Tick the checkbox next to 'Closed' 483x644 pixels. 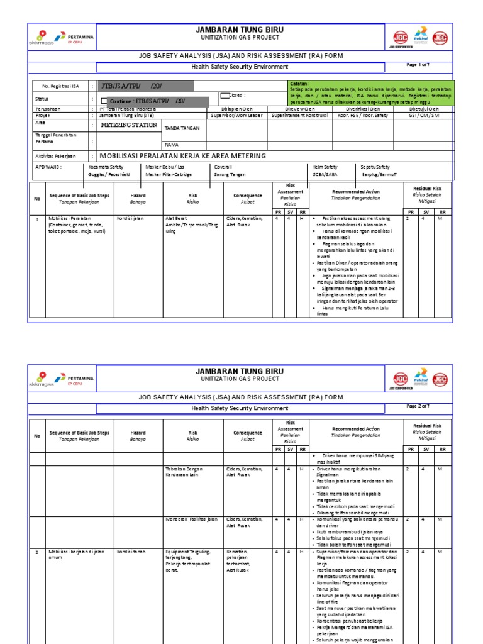coord(224,96)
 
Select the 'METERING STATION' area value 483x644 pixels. coord(130,125)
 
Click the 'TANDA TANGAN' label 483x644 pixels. coord(182,128)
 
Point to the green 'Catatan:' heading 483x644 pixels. coord(300,84)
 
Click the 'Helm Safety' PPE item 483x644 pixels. coord(325,167)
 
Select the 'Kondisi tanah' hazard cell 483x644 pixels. coord(131,552)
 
